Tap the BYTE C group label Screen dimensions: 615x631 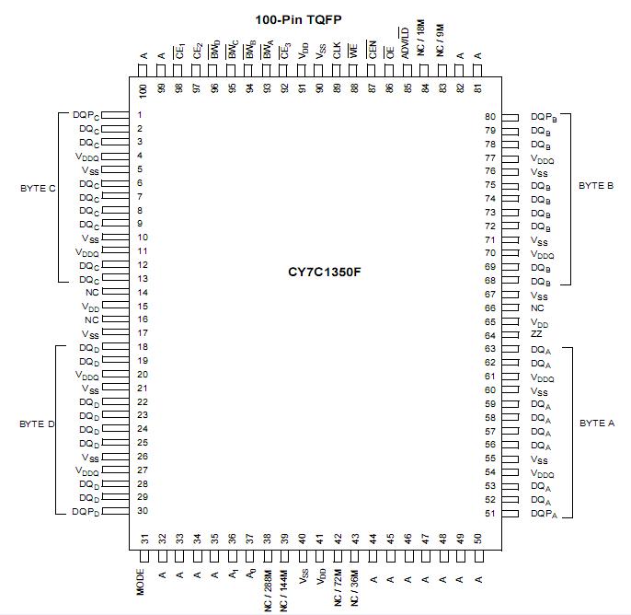(39, 188)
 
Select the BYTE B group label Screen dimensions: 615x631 (596, 185)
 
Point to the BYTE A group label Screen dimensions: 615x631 (596, 423)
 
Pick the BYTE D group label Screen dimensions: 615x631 (39, 424)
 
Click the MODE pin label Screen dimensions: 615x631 (143, 582)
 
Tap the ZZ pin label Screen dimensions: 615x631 (536, 335)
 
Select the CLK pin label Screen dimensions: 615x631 (338, 52)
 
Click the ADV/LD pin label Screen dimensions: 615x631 (405, 46)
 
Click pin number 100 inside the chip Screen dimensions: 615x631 (143, 90)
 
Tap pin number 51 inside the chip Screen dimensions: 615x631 (490, 514)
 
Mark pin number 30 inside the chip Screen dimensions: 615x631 (142, 511)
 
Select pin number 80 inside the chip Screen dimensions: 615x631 (490, 117)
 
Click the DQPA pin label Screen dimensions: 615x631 (544, 514)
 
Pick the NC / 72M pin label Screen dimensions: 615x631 (338, 588)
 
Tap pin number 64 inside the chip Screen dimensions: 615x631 (490, 335)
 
